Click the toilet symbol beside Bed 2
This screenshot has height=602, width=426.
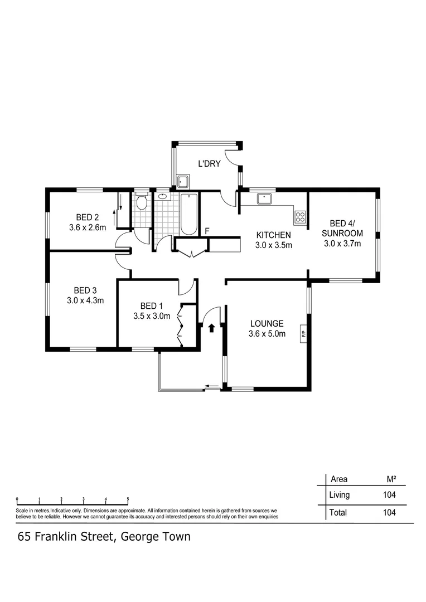point(142,202)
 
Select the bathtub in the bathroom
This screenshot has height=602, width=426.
point(188,213)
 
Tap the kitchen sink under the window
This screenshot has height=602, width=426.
point(263,198)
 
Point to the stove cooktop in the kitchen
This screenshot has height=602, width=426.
point(300,215)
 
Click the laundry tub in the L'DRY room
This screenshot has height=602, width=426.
point(182,181)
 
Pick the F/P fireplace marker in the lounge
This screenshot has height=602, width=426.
point(304,334)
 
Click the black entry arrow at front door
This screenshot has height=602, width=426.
point(211,328)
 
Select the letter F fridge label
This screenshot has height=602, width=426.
point(207,231)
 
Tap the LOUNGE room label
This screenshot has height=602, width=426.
point(267,323)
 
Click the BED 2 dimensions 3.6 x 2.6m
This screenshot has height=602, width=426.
point(88,227)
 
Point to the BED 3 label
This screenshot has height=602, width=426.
point(85,290)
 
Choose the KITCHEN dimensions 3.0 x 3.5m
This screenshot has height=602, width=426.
point(273,245)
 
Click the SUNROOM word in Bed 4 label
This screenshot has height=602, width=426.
point(343,233)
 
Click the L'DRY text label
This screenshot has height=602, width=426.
point(210,163)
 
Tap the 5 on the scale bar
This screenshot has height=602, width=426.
point(128,499)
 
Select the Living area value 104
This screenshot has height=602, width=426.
point(389,494)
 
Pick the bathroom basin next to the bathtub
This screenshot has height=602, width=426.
point(162,196)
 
